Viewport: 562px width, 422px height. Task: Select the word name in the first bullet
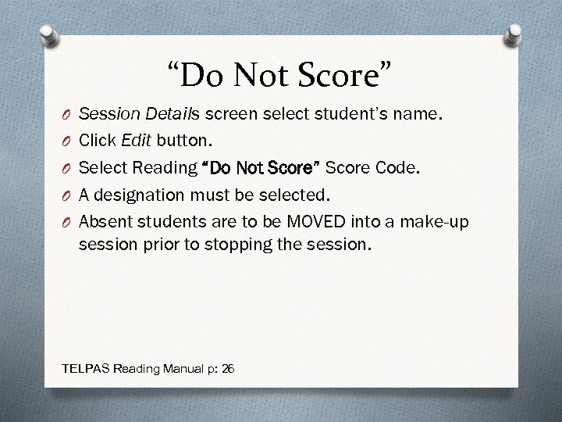(x=421, y=116)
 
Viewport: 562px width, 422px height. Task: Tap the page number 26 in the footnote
(x=228, y=367)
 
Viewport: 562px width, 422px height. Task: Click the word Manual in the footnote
(x=173, y=367)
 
